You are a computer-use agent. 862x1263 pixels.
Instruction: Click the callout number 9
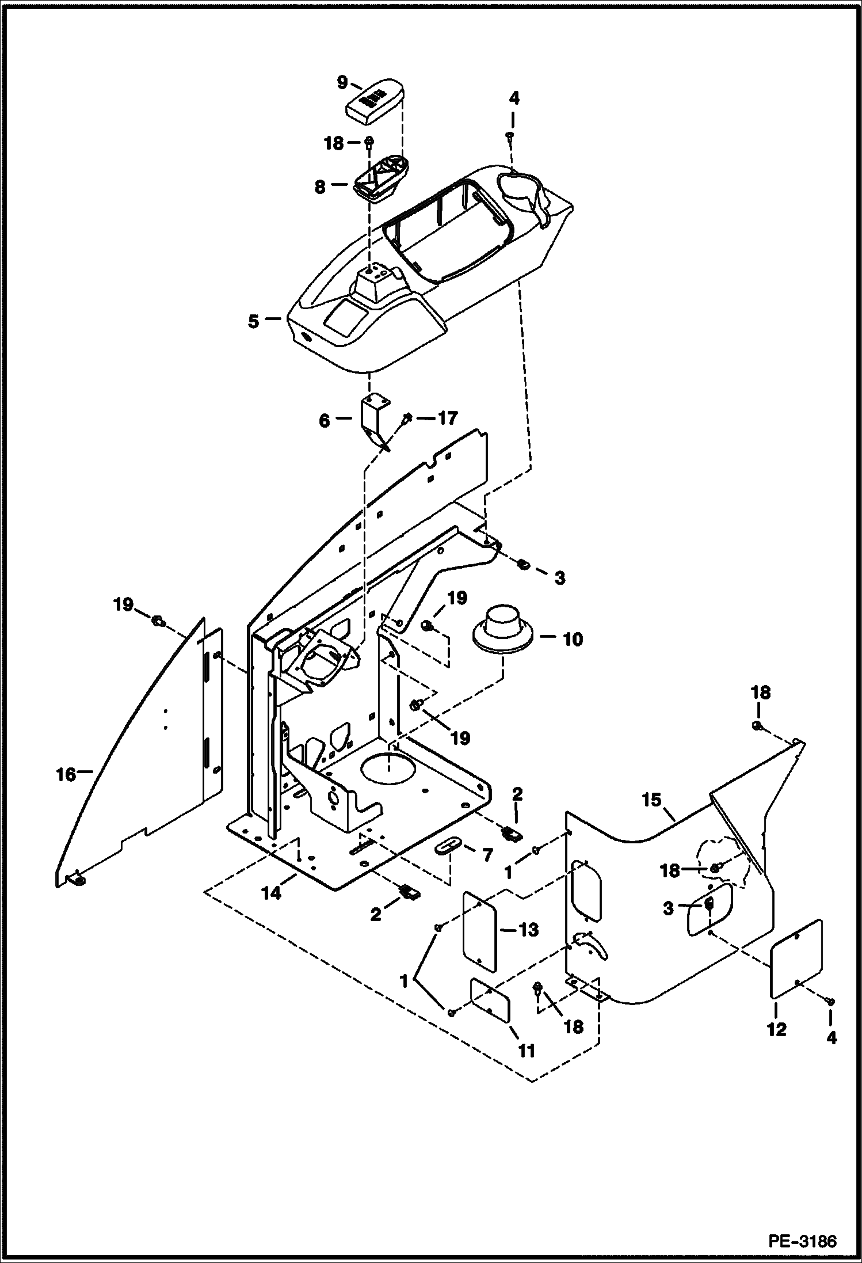(x=342, y=82)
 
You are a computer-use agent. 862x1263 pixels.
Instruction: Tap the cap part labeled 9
(x=375, y=104)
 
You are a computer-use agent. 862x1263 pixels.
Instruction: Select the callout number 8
(x=320, y=187)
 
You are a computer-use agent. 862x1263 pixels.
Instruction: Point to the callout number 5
(x=254, y=321)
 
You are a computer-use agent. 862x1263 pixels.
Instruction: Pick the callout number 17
(x=448, y=419)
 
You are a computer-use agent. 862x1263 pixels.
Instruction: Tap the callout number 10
(x=572, y=639)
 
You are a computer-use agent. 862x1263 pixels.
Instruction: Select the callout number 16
(x=66, y=775)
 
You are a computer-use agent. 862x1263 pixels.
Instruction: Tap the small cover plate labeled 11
(x=490, y=1002)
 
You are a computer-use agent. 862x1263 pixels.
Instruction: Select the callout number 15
(x=653, y=800)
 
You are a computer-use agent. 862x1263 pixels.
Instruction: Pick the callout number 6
(x=324, y=421)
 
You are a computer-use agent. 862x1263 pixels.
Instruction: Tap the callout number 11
(x=527, y=1051)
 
